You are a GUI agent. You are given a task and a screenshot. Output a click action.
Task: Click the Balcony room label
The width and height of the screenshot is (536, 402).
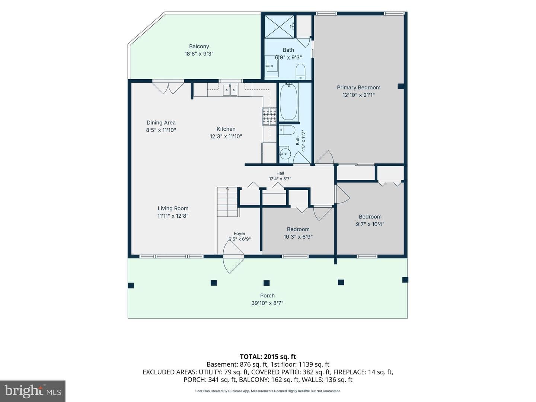[x=199, y=47]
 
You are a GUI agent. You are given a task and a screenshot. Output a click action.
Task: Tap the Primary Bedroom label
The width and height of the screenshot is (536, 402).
[x=358, y=87]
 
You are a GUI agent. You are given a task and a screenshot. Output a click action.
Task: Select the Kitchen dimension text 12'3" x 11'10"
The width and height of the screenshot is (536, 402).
[x=226, y=136]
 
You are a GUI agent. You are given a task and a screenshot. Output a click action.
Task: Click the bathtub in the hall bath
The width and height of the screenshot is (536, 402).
[x=289, y=101]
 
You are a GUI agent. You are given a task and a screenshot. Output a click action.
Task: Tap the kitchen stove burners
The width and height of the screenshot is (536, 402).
[x=269, y=116]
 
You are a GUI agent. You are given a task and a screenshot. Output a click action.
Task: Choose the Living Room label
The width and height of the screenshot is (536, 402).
[x=173, y=208]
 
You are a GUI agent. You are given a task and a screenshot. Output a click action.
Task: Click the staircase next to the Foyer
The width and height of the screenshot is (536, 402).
[x=227, y=202]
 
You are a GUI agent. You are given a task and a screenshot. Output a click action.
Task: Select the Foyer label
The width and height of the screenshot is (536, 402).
[x=240, y=234]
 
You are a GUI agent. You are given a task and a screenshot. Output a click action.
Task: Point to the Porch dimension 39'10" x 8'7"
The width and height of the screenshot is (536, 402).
[x=267, y=303]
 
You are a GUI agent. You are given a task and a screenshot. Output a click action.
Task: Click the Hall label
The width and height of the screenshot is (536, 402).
[x=280, y=173]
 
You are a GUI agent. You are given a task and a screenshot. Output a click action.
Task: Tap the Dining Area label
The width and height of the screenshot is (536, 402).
[x=161, y=122]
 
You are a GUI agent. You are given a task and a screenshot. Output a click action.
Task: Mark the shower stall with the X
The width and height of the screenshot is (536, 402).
[x=280, y=26]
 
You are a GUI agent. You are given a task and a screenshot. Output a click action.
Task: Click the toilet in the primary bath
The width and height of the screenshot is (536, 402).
[x=301, y=72]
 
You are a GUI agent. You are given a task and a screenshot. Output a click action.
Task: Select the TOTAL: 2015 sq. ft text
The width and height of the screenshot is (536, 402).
[x=268, y=357]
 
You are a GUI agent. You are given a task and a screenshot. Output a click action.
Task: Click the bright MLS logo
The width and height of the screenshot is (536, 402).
[x=33, y=391]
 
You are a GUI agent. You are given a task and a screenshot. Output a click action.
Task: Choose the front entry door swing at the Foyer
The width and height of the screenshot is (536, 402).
[x=233, y=256]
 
